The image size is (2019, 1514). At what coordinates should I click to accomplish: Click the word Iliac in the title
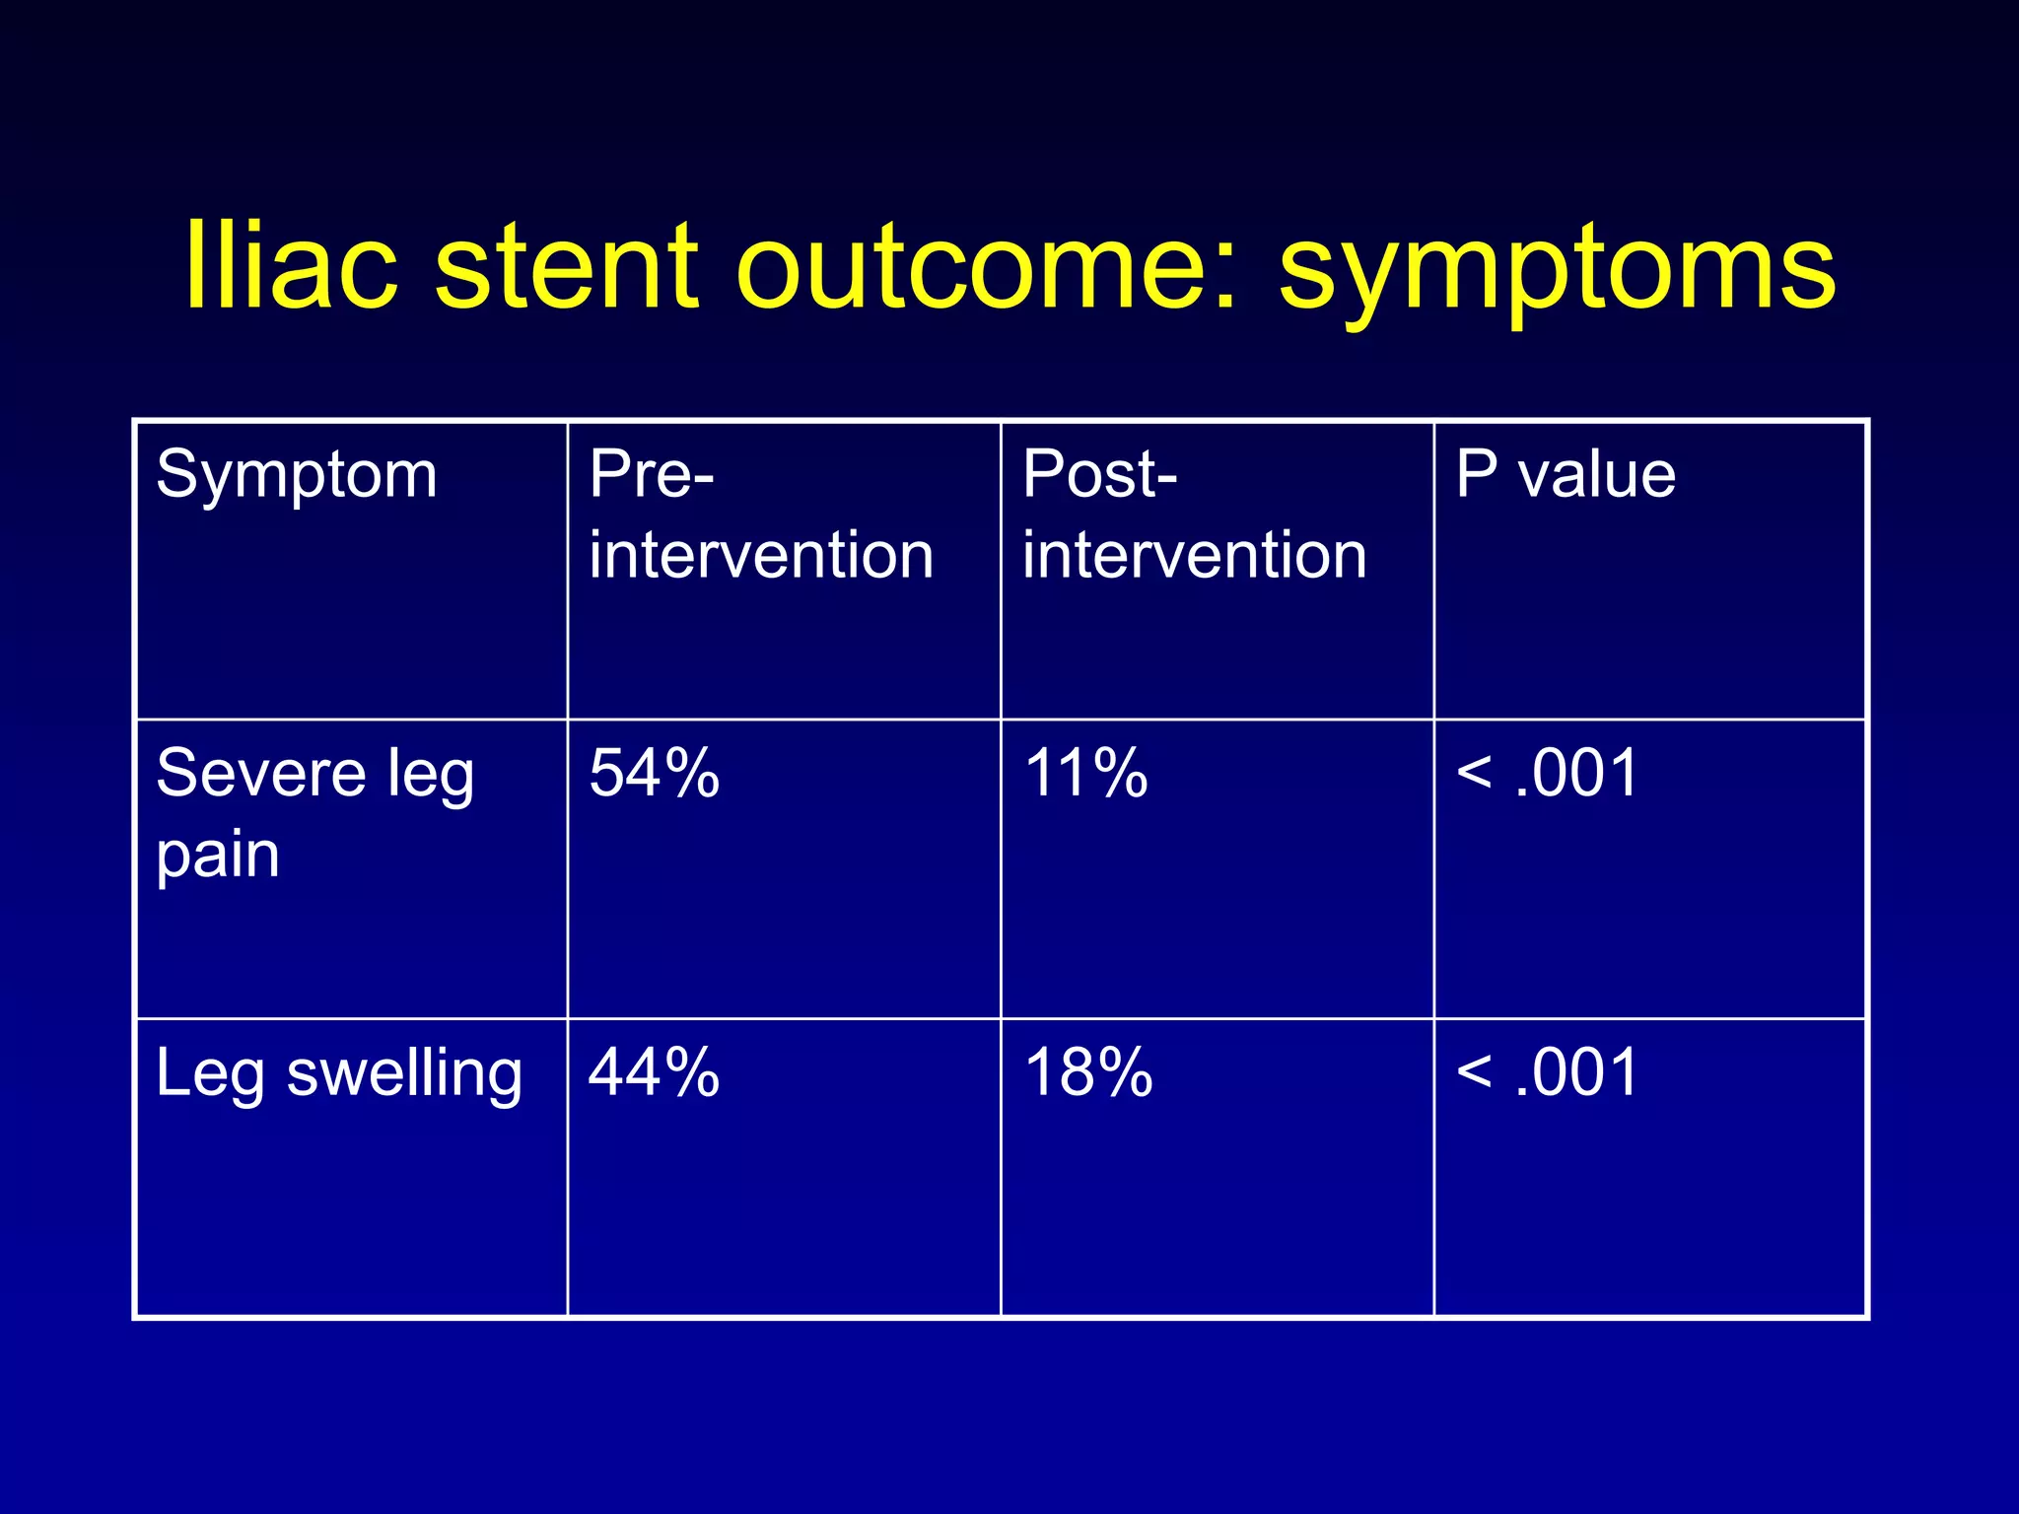tap(292, 266)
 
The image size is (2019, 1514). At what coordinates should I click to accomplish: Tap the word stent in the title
tap(567, 266)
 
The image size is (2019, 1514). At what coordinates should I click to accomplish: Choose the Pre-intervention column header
tap(760, 514)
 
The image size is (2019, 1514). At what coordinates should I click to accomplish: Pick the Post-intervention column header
tap(1194, 514)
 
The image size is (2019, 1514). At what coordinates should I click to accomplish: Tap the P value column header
tap(1566, 475)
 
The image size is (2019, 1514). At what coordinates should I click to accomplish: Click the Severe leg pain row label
tap(315, 813)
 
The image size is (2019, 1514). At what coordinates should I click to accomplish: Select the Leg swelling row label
tap(339, 1073)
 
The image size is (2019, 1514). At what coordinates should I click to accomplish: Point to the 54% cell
tap(655, 774)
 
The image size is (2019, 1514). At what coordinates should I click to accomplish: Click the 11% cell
tap(1086, 774)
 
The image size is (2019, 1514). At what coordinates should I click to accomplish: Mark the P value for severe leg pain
tap(1547, 774)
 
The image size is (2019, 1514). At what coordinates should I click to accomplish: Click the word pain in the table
tap(218, 856)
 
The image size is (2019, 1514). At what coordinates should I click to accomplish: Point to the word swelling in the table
tap(404, 1075)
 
